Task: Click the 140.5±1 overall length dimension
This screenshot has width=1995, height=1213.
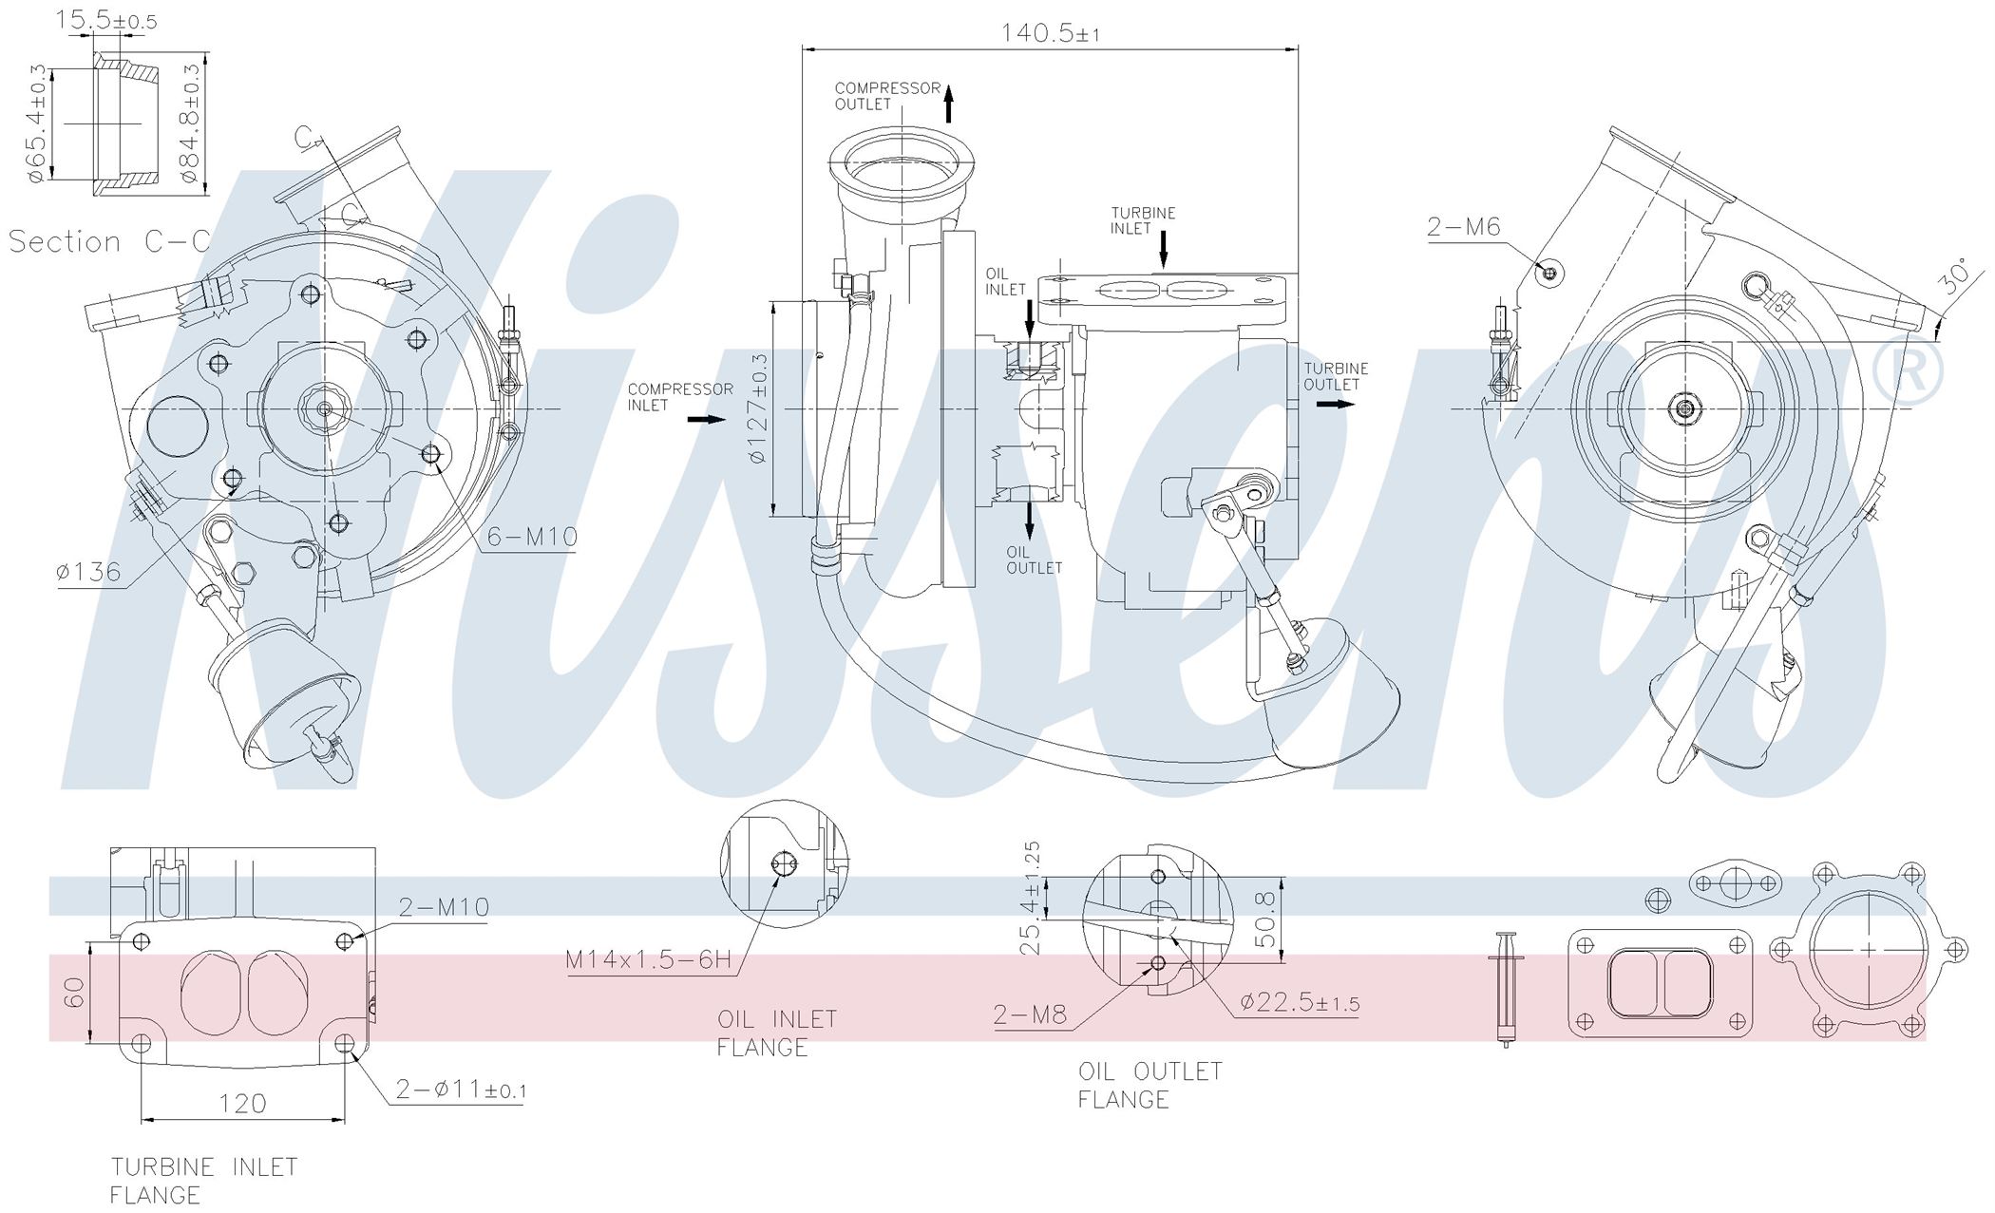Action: pyautogui.click(x=1050, y=33)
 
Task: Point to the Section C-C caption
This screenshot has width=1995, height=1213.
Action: pyautogui.click(x=109, y=242)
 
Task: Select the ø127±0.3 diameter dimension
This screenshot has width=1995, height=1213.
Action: pyautogui.click(x=758, y=408)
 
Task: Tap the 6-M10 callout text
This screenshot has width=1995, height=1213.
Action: pyautogui.click(x=532, y=538)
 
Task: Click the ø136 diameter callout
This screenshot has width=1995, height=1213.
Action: pyautogui.click(x=88, y=571)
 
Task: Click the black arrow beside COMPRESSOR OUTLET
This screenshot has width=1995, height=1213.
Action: pyautogui.click(x=949, y=103)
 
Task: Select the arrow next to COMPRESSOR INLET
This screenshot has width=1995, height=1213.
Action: pyautogui.click(x=707, y=419)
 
